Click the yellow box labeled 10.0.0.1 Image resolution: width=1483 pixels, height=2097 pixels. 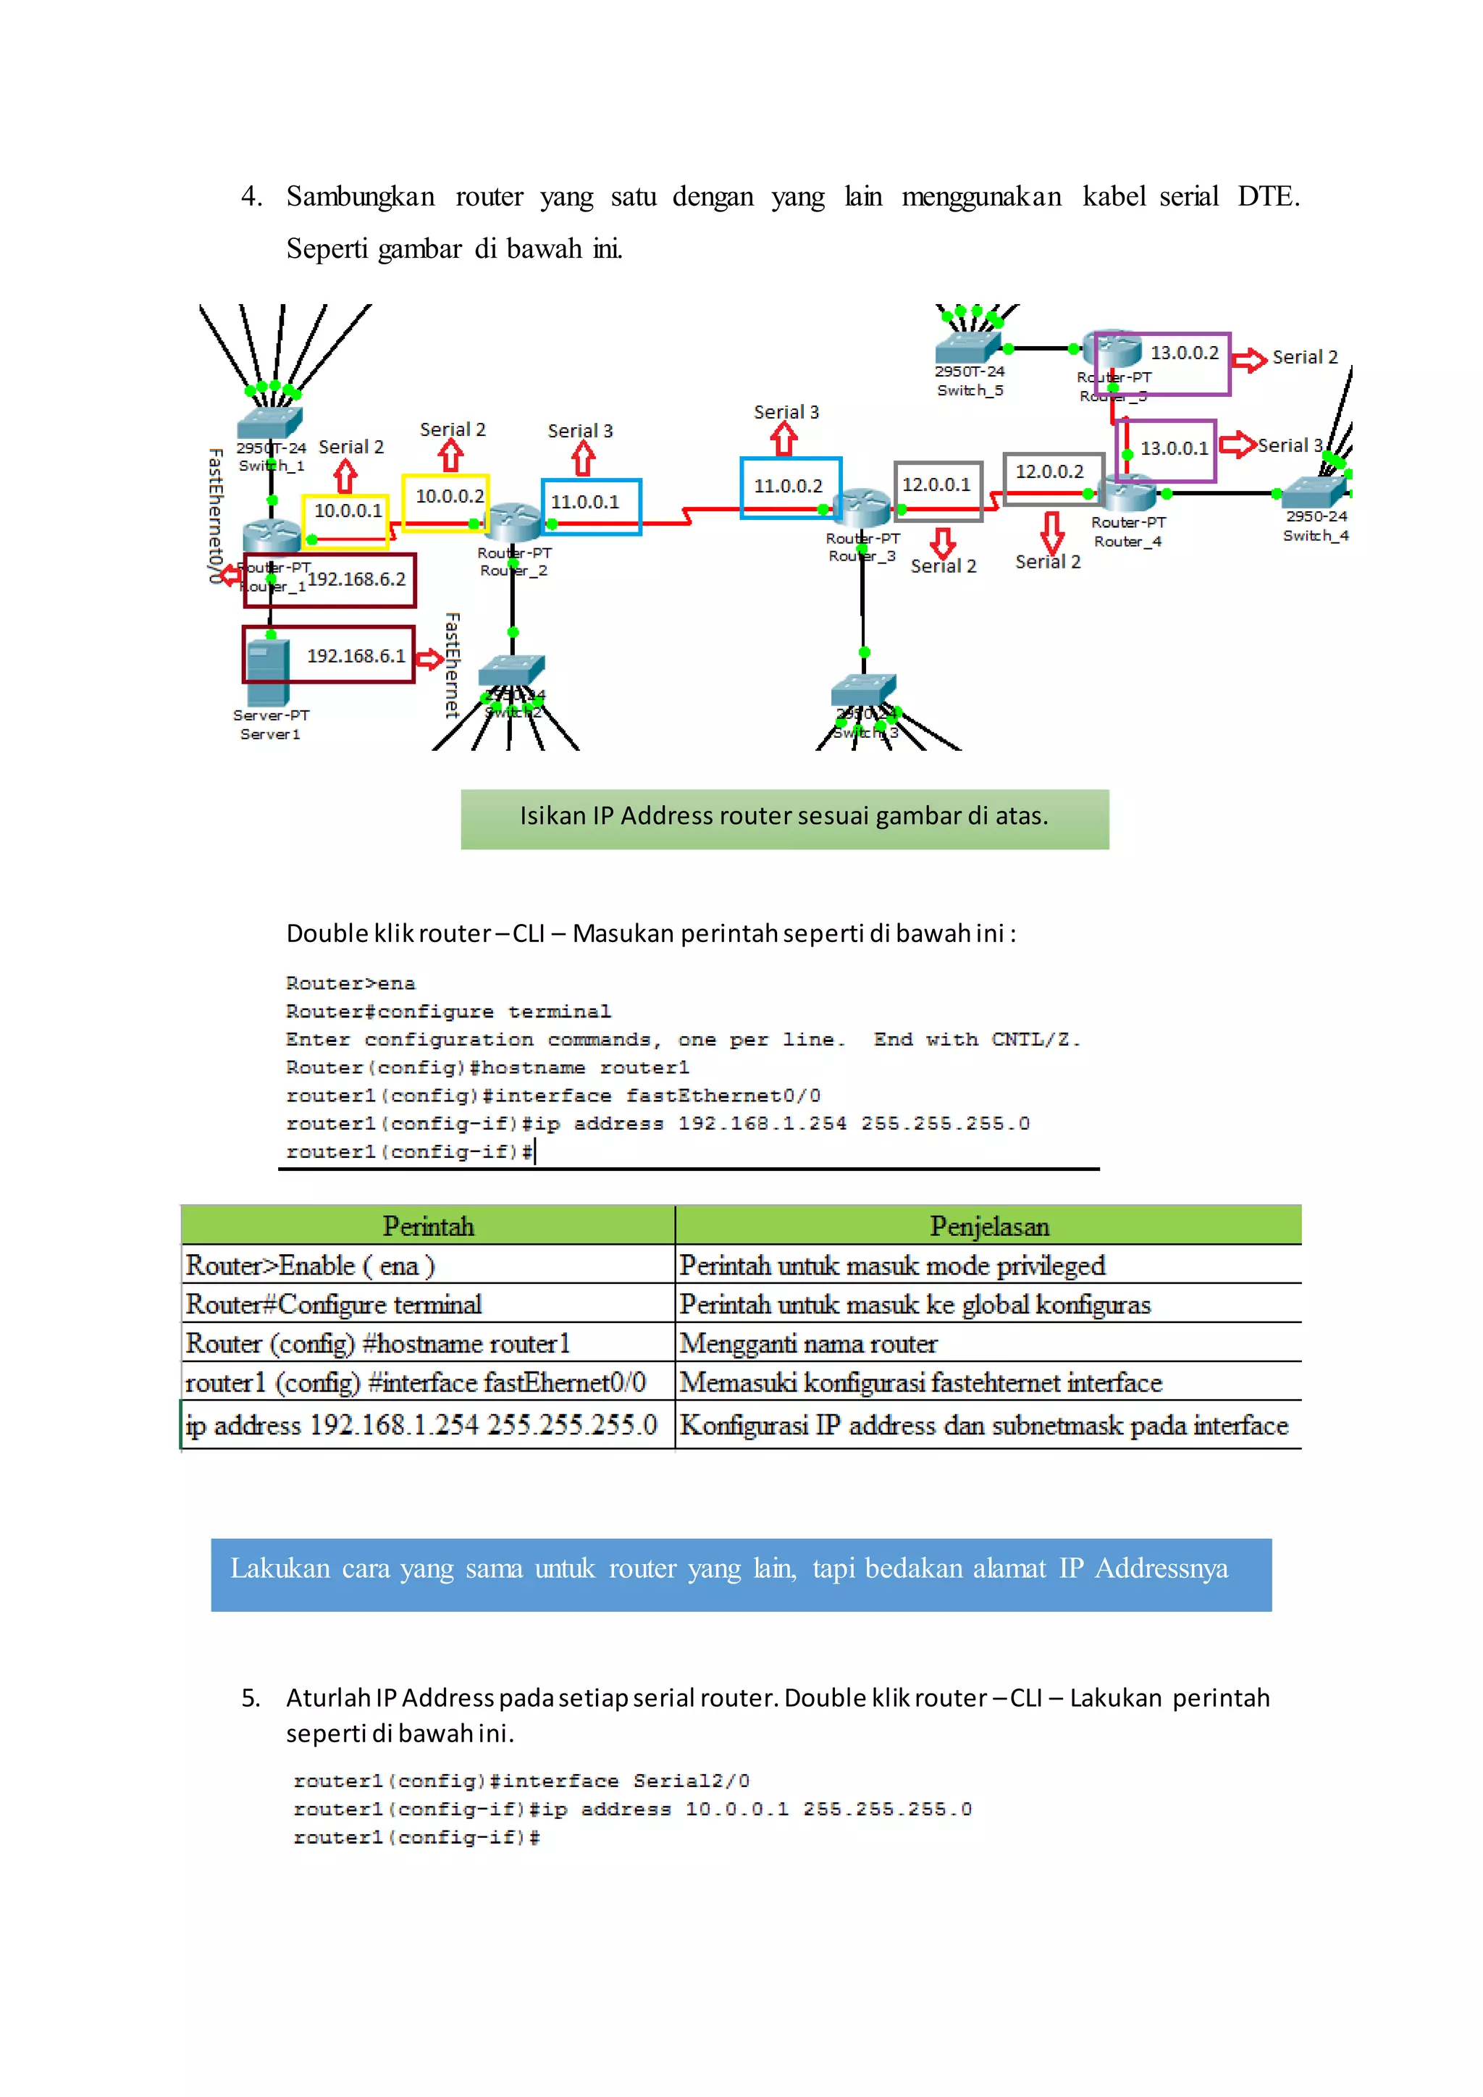346,521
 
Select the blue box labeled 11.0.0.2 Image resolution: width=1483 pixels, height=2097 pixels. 790,487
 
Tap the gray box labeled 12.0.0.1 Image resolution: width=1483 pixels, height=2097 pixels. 938,490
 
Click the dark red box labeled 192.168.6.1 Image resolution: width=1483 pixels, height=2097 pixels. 329,654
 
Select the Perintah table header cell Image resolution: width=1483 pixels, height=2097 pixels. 428,1226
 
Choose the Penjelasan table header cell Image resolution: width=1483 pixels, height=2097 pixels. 989,1226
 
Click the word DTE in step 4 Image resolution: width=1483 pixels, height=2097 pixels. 1267,196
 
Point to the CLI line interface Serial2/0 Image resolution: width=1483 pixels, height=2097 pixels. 521,1781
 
